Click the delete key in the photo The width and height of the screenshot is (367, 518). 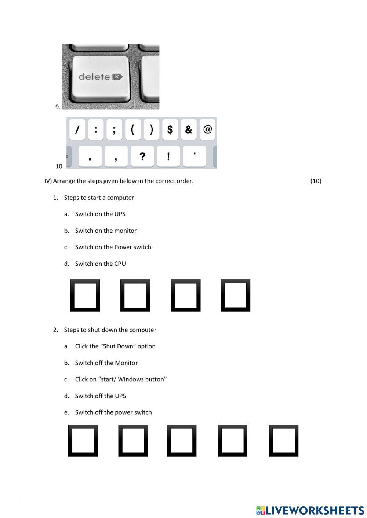click(x=100, y=77)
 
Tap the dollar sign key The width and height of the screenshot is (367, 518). click(x=170, y=129)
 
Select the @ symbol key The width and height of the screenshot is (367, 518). click(x=208, y=129)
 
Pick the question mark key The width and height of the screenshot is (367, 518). click(x=142, y=157)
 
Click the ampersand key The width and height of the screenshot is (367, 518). click(x=189, y=129)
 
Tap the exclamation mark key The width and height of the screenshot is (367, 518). click(x=168, y=157)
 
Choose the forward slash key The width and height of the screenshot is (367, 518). click(x=77, y=129)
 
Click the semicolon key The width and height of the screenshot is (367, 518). click(x=114, y=129)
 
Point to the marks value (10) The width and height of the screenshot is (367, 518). click(x=316, y=181)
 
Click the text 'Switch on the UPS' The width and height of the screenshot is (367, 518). click(x=100, y=214)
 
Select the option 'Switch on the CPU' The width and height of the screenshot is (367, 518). click(x=100, y=264)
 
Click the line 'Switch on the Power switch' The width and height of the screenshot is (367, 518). click(x=113, y=247)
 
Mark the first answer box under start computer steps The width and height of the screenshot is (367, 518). click(x=85, y=295)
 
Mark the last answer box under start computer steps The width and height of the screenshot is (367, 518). click(x=235, y=295)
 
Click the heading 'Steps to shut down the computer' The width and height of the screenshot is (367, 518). click(x=110, y=330)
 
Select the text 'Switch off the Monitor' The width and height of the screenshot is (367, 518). click(x=106, y=363)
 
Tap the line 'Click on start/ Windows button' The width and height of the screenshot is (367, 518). click(x=120, y=379)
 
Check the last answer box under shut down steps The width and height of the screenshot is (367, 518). click(x=283, y=440)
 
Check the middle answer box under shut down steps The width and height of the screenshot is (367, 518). click(x=181, y=440)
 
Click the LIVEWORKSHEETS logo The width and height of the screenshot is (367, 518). click(x=310, y=510)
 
